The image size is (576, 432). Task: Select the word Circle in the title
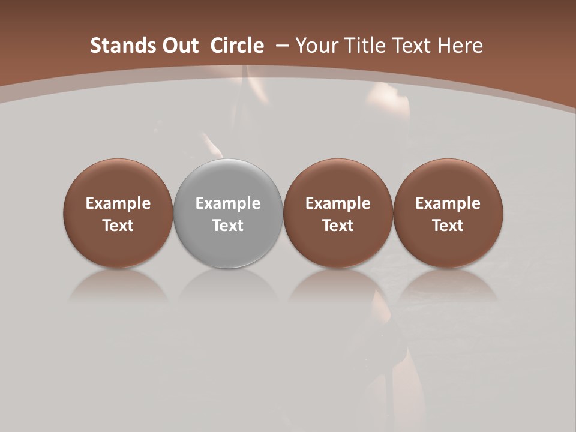(236, 46)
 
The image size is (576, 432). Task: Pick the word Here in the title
(460, 46)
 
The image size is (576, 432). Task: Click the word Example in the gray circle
(228, 204)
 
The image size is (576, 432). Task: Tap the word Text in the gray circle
(228, 226)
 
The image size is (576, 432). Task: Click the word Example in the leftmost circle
(118, 204)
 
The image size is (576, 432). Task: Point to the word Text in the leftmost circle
(118, 226)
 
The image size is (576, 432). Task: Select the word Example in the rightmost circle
(448, 204)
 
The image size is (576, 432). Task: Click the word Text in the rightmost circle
(448, 226)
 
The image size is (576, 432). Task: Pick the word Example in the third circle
(338, 204)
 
